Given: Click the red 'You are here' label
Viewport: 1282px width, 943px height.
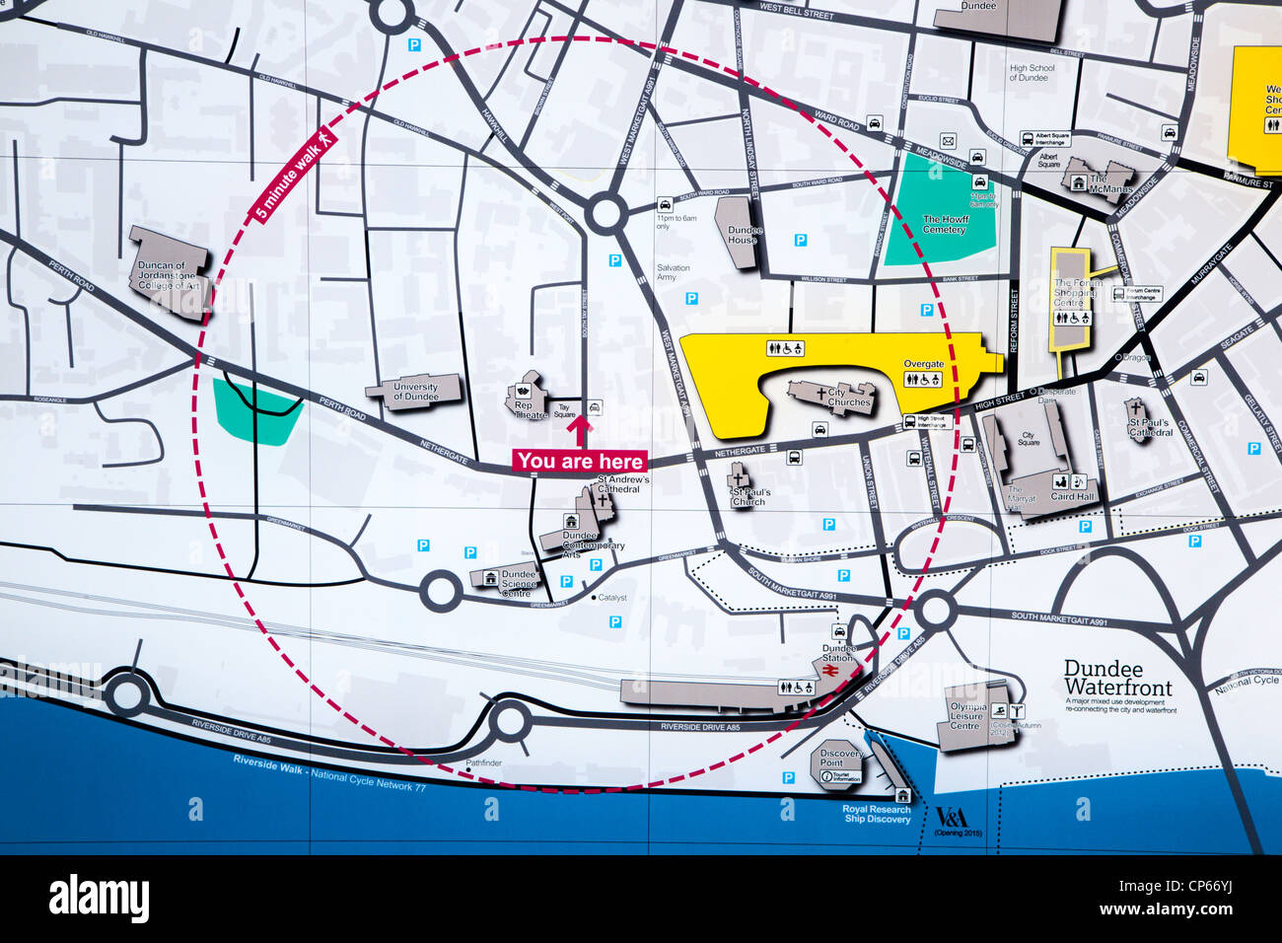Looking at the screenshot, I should (579, 461).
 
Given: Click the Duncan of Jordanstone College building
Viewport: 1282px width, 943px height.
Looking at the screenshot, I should (170, 271).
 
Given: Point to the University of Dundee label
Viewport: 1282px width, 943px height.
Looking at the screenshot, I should (415, 392).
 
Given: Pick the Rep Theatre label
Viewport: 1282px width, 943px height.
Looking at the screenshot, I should (523, 409).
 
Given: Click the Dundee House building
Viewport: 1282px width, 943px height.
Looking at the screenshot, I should (741, 234).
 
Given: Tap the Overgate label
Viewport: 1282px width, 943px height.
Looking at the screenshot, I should (923, 364).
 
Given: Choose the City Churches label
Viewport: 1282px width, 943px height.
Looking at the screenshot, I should (848, 398).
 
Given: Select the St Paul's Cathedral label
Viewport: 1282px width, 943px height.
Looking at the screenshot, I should (1149, 428).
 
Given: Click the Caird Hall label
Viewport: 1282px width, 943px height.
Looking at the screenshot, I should (1072, 497).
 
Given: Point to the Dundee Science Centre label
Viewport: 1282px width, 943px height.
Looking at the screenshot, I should (518, 583).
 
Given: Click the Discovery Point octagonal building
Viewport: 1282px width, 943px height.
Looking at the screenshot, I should (840, 760).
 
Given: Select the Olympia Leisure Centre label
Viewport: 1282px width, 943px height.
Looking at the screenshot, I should (966, 717).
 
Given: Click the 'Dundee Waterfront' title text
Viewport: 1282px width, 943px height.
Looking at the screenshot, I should (1117, 678).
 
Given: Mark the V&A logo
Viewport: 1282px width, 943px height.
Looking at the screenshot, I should (952, 817).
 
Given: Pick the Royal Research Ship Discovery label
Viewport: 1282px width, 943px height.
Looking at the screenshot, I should (876, 815).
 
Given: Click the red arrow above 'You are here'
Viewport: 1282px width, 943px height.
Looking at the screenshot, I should (580, 430).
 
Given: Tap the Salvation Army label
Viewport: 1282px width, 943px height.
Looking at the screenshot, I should (674, 272).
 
